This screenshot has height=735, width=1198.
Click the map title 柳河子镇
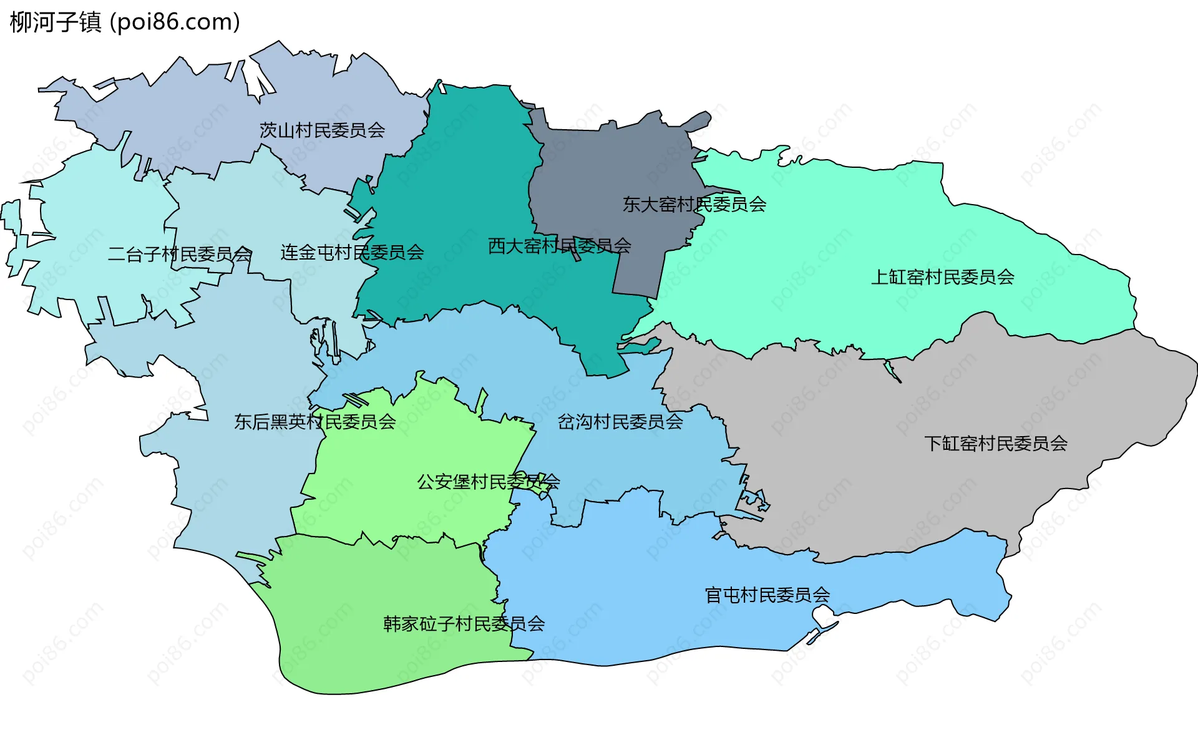point(56,22)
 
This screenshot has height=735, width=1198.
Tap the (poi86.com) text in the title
point(175,22)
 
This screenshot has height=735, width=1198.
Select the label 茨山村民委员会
point(322,130)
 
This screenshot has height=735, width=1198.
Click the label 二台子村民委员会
point(180,254)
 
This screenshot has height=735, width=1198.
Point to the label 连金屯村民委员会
point(352,252)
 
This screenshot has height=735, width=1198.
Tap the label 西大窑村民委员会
point(559,246)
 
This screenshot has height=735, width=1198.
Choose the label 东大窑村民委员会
point(694,204)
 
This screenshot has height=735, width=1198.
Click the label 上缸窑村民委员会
point(942,276)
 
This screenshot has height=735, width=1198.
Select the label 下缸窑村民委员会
point(995,443)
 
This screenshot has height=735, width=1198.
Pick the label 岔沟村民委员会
point(620,422)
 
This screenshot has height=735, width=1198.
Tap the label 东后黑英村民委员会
point(314,422)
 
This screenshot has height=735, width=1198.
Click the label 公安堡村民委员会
point(488,482)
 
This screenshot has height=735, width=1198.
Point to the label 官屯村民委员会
point(767,595)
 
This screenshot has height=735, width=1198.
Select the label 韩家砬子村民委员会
point(464,623)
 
